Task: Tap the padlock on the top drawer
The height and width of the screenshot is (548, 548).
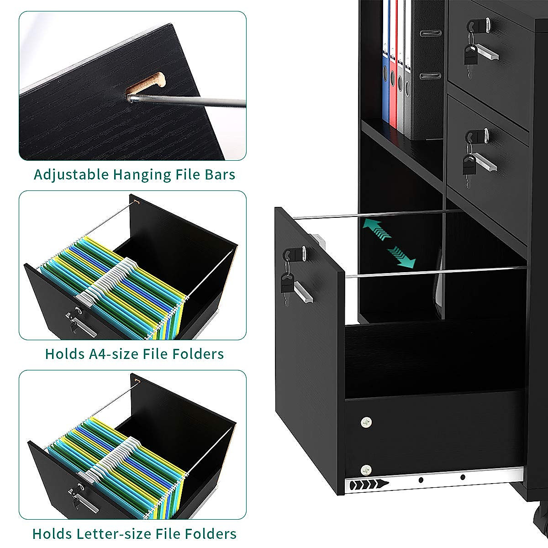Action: point(470,55)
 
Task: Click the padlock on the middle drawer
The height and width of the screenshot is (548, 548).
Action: point(469,165)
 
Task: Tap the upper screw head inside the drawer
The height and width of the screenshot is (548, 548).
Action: point(366,422)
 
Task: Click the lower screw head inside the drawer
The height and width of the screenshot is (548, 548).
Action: point(365,469)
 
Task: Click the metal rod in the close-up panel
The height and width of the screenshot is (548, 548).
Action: point(192,101)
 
